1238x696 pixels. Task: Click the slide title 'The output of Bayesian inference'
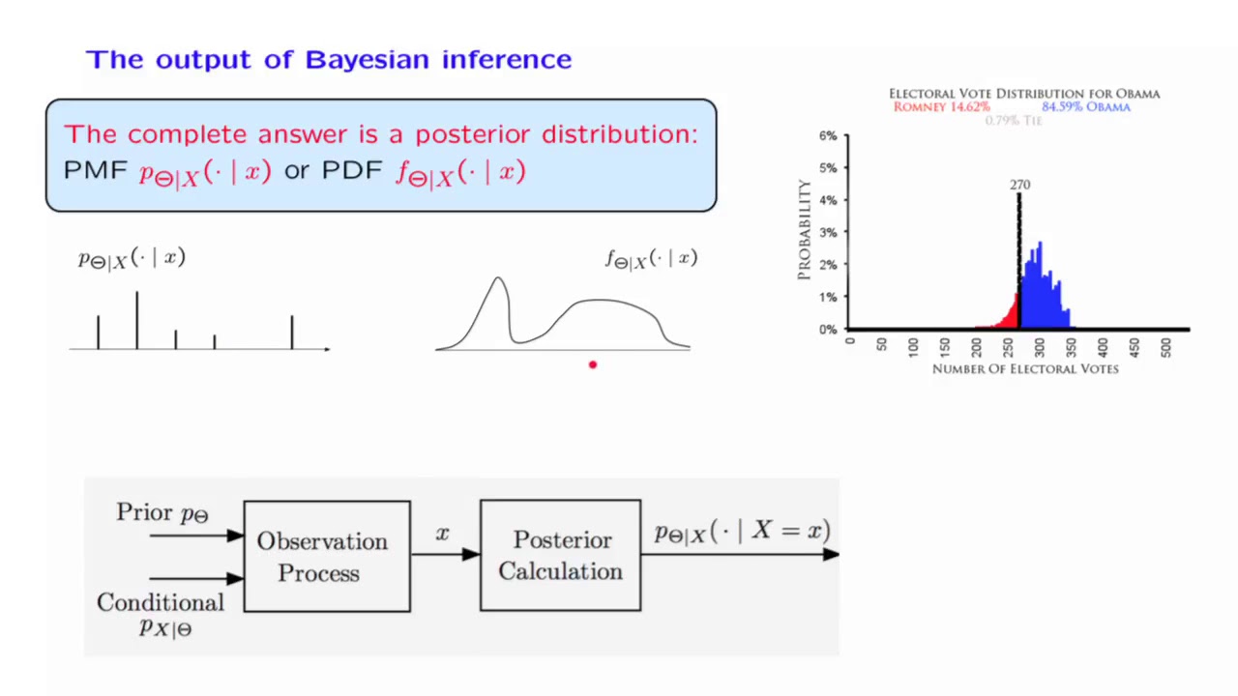pos(329,60)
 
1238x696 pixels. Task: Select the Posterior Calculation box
pos(560,556)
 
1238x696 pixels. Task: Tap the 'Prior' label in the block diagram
pos(144,512)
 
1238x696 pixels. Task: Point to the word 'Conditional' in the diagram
pos(161,602)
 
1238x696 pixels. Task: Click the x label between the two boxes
pos(443,534)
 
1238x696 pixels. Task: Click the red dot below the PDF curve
pos(593,364)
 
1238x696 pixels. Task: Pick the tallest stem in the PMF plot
pos(136,319)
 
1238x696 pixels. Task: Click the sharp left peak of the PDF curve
pos(498,281)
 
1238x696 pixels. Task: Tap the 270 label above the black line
pos(1019,184)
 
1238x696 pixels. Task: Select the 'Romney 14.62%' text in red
pos(941,107)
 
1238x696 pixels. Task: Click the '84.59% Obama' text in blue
pos(1085,107)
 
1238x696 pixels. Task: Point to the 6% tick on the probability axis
pos(828,136)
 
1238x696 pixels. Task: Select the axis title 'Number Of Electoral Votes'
pos(1024,368)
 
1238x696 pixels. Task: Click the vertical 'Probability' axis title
pos(804,230)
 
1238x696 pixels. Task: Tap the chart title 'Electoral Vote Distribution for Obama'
pos(1024,94)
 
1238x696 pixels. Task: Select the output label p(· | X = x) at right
pos(742,532)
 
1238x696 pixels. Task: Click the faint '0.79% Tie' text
pos(1013,121)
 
